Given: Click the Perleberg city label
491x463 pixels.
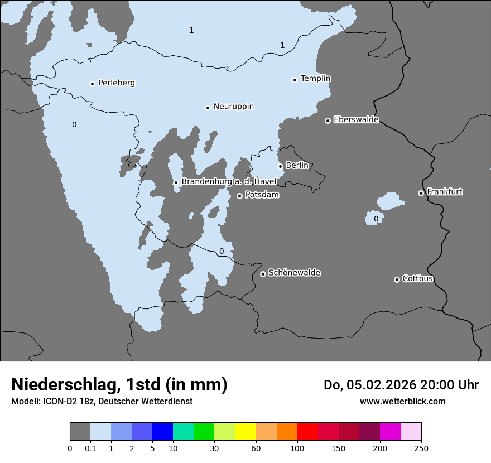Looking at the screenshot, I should point(116,83).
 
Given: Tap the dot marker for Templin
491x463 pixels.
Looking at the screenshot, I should point(295,80).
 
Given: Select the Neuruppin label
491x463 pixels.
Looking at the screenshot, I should point(233,107).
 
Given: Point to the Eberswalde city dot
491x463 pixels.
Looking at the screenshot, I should point(328,120).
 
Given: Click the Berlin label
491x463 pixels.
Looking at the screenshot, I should point(297,166).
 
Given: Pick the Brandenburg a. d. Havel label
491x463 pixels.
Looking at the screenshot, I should point(229,182).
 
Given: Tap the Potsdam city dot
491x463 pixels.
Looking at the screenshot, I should point(239,196).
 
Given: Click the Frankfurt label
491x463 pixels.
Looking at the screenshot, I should point(444,192).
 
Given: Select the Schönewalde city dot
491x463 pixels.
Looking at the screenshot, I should point(263,274).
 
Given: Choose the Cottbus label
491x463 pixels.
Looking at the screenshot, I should point(417,279).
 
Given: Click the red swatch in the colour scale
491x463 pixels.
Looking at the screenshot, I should point(307,432).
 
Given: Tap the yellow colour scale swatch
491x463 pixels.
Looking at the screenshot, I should point(245,432).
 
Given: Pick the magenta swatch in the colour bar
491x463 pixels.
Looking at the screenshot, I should point(390,432).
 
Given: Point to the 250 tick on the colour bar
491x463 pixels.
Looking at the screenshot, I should point(421,448).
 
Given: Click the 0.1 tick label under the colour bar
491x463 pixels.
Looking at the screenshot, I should point(90,448).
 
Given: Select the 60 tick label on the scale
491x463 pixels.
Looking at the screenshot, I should point(256,448).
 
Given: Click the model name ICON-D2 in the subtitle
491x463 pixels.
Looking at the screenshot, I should point(59,402).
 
